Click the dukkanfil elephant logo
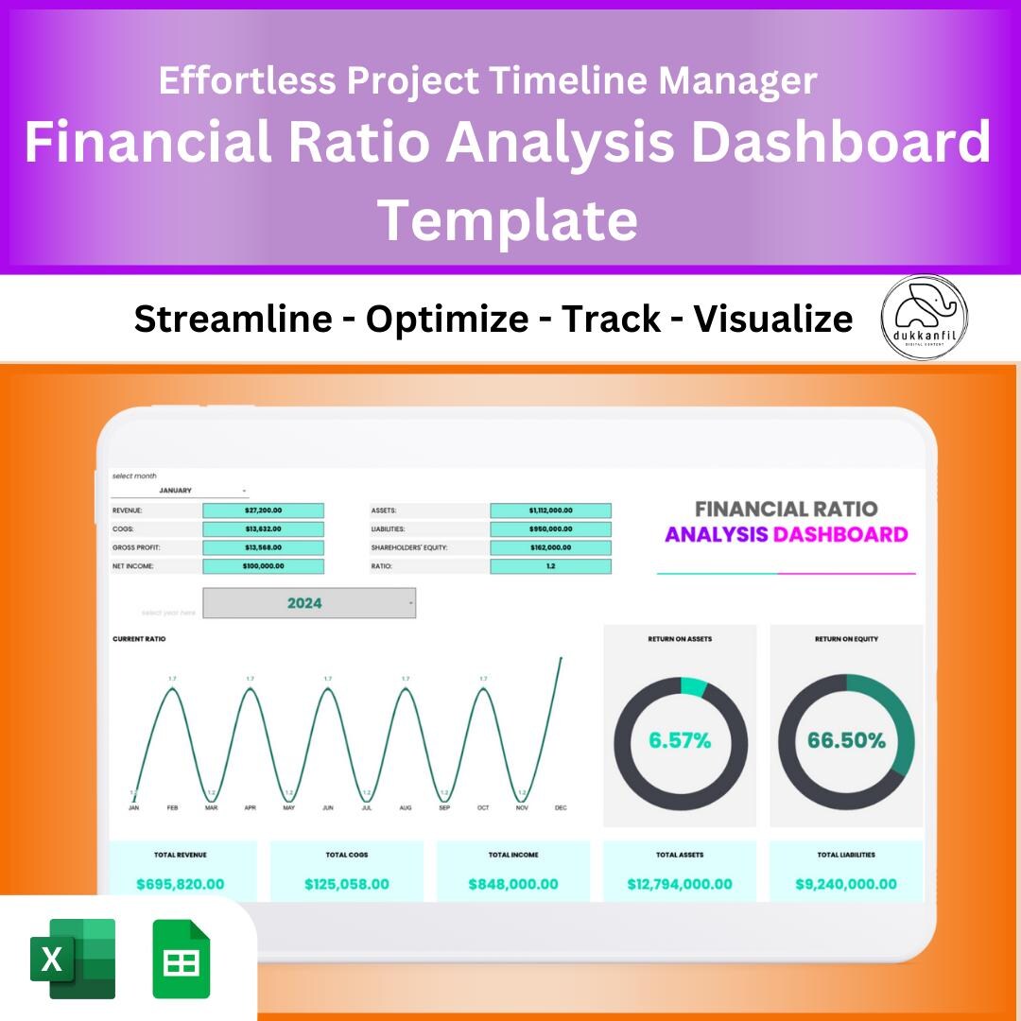click(924, 318)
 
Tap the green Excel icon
click(73, 959)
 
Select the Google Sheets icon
click(182, 959)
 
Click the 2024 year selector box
click(309, 603)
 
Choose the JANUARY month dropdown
click(180, 491)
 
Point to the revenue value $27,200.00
click(263, 510)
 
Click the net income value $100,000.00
click(263, 566)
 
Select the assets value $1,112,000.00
click(550, 510)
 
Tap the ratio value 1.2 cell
click(550, 566)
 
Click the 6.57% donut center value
click(680, 740)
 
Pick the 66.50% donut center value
click(846, 740)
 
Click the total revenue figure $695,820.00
click(181, 884)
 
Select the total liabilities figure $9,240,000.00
click(846, 884)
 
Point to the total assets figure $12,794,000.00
click(680, 884)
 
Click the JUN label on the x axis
click(327, 808)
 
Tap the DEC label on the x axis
click(561, 808)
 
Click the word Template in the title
click(508, 218)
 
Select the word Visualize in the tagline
click(773, 319)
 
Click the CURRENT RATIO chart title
click(139, 639)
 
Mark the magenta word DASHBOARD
click(840, 534)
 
